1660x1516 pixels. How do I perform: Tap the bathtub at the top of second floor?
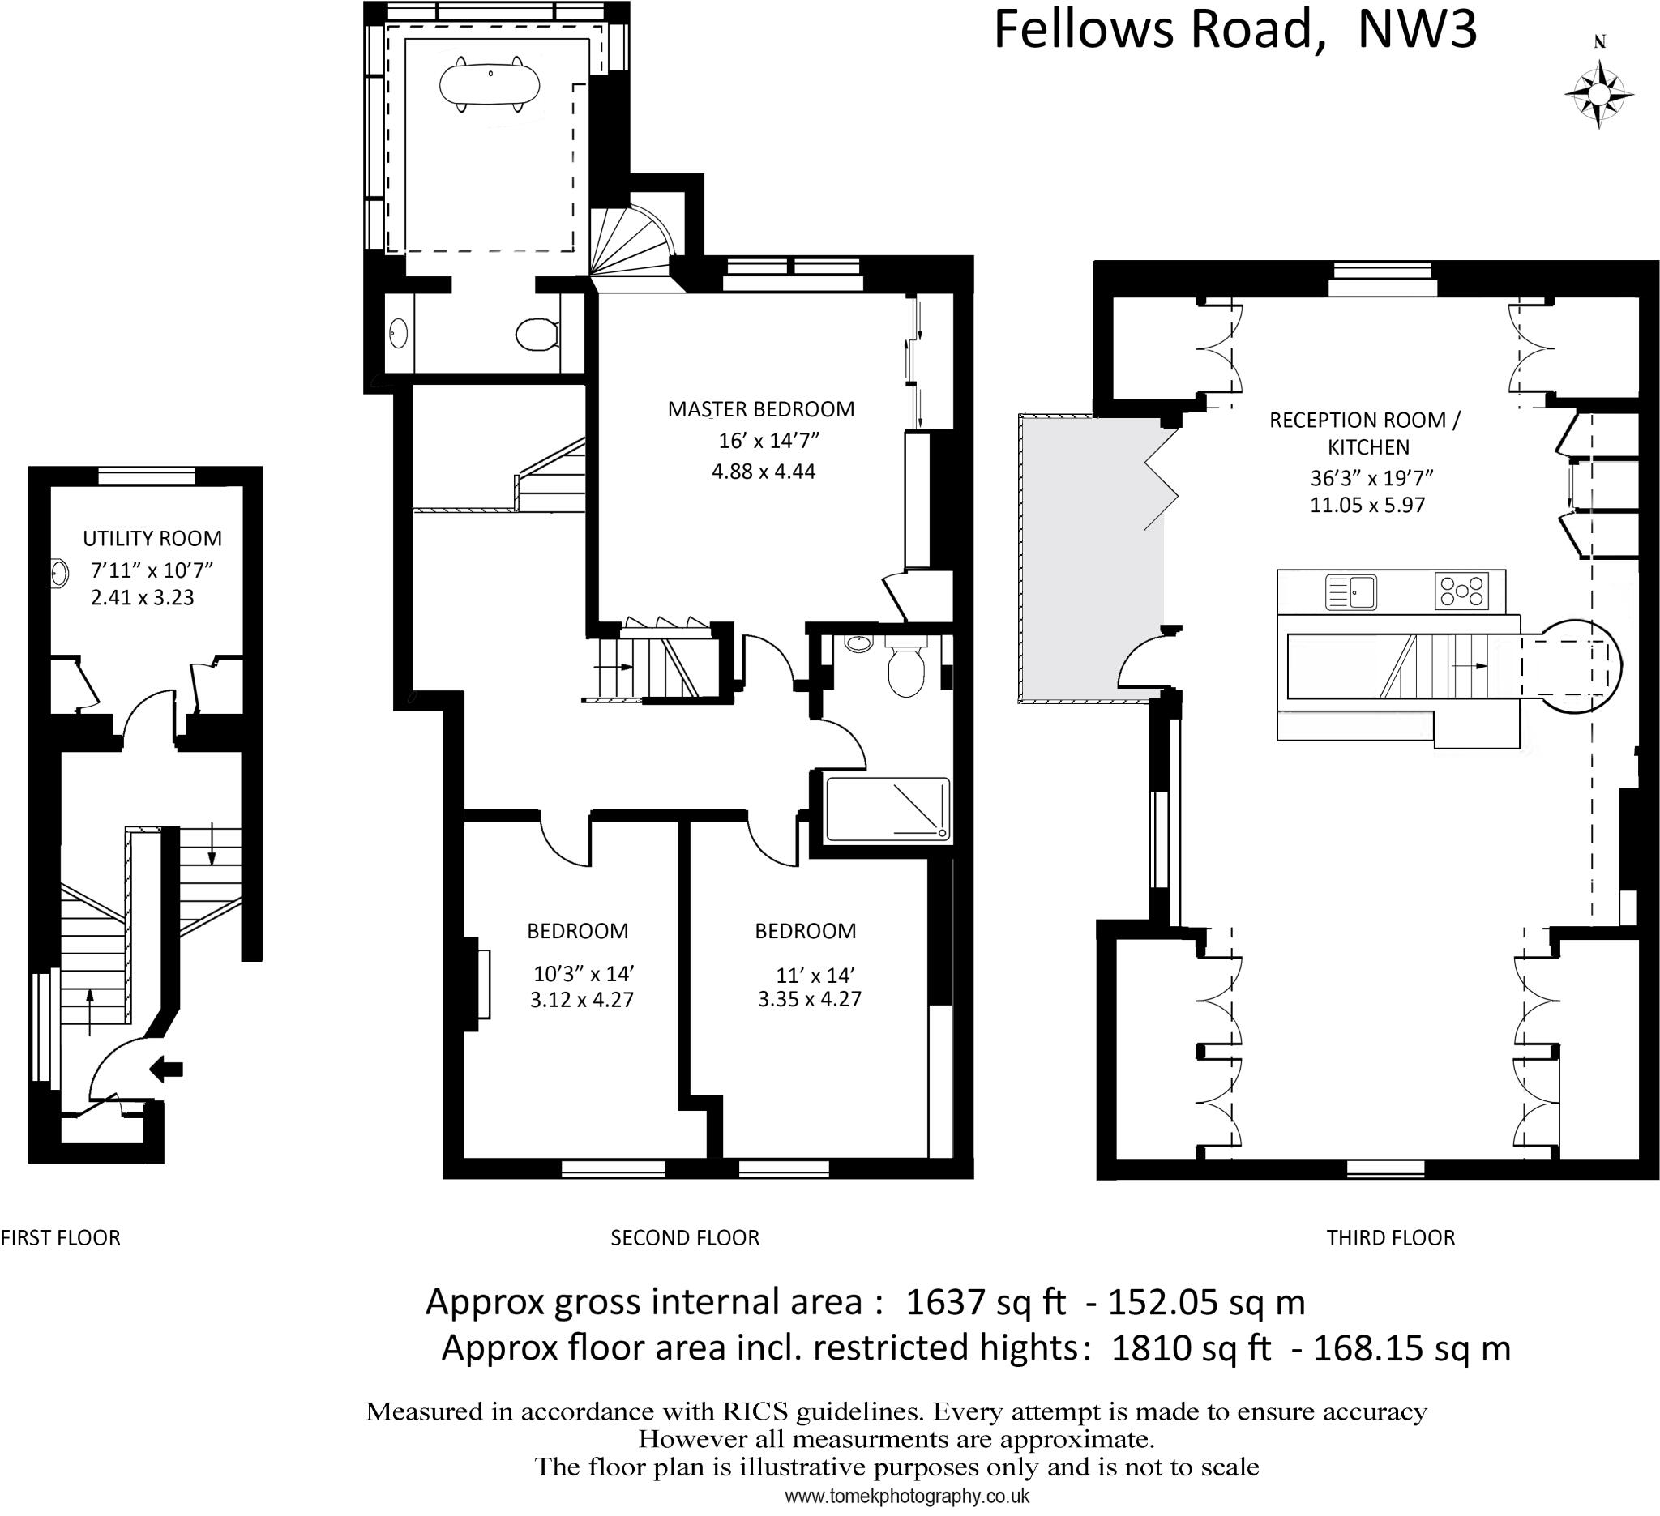(490, 83)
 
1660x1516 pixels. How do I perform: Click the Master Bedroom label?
(761, 409)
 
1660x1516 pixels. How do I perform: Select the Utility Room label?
(152, 538)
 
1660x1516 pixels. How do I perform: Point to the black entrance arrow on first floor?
(167, 1069)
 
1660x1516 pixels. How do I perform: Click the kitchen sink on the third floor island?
(1351, 591)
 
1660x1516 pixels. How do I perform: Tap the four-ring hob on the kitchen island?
(1461, 591)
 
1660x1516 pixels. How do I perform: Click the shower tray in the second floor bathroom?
(887, 809)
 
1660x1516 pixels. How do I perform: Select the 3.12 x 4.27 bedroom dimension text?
(581, 1000)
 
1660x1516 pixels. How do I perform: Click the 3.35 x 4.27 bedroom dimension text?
(809, 999)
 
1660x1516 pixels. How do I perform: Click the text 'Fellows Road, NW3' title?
(1235, 31)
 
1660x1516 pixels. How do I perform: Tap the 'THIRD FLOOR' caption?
(1390, 1238)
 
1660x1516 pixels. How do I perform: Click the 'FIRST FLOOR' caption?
(60, 1238)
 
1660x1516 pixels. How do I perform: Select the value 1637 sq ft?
(985, 1303)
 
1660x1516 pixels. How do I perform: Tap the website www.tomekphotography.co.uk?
(906, 1497)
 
